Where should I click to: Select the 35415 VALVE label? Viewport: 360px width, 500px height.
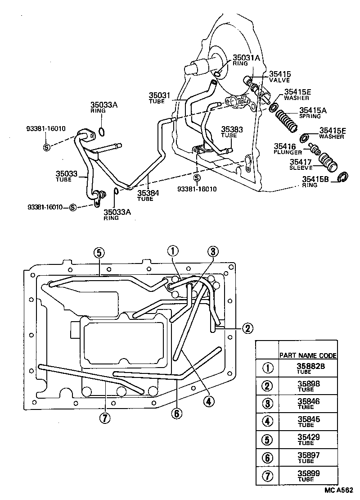[x=280, y=76]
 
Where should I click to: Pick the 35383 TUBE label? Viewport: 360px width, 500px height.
[x=232, y=131]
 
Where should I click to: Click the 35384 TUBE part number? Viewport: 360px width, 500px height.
[x=148, y=193]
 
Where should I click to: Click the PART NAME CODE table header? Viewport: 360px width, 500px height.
[x=308, y=355]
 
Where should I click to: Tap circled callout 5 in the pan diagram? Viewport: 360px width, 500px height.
[x=99, y=253]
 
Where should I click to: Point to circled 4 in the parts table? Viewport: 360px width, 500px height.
[x=267, y=421]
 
